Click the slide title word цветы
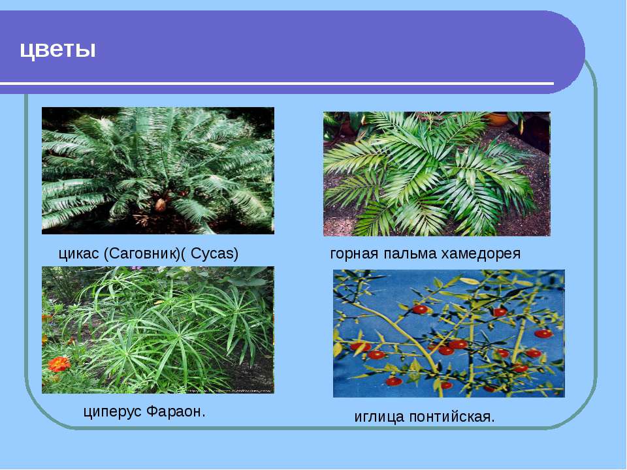tap(58, 50)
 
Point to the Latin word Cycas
tap(212, 254)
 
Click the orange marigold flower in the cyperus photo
tap(59, 364)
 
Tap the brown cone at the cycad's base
tap(161, 205)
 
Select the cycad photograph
tap(158, 170)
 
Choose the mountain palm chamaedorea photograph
tap(437, 174)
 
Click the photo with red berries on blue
tap(449, 334)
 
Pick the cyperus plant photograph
tap(158, 330)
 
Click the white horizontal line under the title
tap(277, 84)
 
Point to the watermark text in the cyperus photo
tap(229, 390)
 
